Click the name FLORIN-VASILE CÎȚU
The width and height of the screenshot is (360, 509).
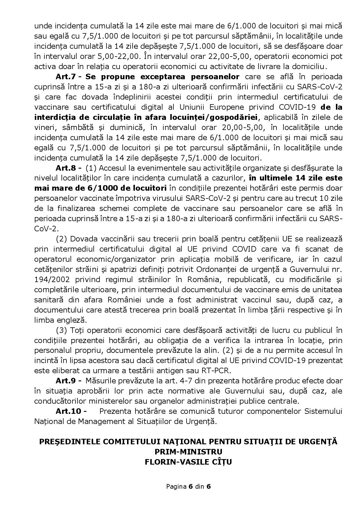point(188,462)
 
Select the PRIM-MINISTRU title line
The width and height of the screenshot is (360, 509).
point(188,452)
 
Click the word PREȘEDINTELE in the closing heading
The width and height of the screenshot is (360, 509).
point(70,442)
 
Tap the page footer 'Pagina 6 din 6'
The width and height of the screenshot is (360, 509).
point(188,486)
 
